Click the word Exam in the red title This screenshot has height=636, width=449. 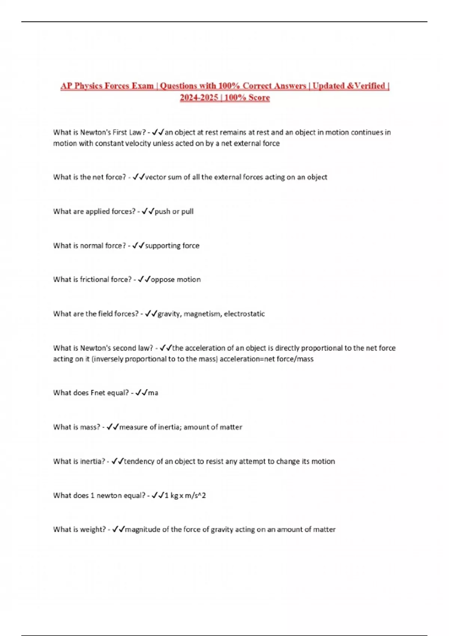click(143, 86)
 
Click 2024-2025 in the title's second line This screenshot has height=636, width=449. click(199, 98)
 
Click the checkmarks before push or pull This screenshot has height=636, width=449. click(148, 211)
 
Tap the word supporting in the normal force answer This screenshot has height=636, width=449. click(157, 246)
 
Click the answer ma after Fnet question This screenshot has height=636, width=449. click(153, 393)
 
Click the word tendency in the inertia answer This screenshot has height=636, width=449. click(139, 461)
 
